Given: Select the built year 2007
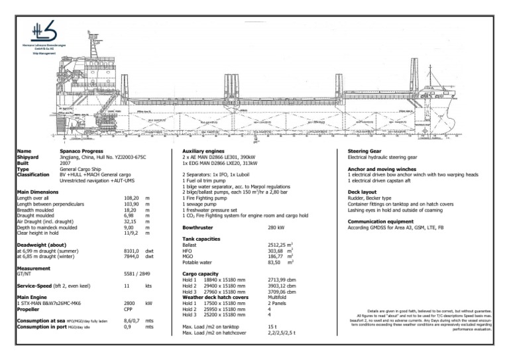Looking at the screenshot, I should (x=65, y=163).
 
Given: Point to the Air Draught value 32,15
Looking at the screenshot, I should (x=130, y=221).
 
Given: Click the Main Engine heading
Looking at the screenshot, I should (x=32, y=296).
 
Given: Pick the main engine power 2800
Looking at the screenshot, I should (x=130, y=302).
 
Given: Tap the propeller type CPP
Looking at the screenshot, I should (x=129, y=308).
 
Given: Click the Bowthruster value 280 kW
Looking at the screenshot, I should (x=276, y=227).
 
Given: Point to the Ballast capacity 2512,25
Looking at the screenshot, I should (x=278, y=244).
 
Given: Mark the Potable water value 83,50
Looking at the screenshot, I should (x=276, y=262).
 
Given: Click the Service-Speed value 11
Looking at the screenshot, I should (x=127, y=285).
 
